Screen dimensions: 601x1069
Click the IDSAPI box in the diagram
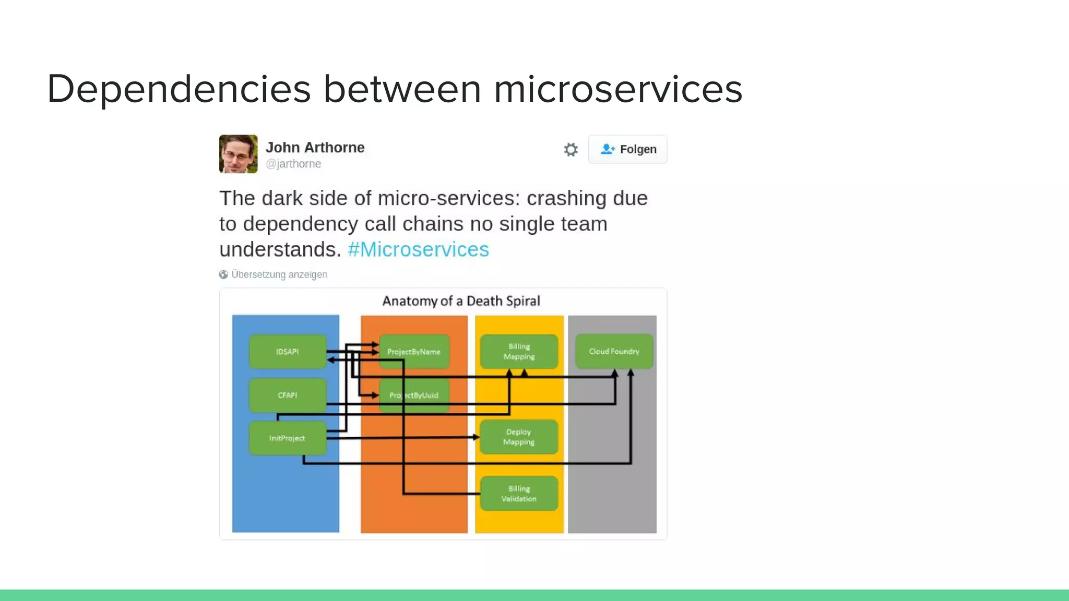[x=288, y=352]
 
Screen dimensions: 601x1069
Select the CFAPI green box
[x=288, y=395]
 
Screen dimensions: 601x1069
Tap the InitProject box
[x=287, y=438]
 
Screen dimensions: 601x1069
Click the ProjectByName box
[x=414, y=352]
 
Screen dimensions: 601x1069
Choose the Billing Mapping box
[x=519, y=352]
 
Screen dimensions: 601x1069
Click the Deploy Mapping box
[x=519, y=437]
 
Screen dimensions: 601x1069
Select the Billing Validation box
[x=519, y=494]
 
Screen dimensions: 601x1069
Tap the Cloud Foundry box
[x=614, y=351]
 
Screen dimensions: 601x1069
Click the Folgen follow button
[x=628, y=149]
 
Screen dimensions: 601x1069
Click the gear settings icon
[x=571, y=150]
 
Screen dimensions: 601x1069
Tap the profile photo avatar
[x=238, y=154]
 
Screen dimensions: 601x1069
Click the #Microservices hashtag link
[x=418, y=249]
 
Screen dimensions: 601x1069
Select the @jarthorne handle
[x=293, y=164]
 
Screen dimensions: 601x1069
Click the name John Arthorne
[x=315, y=147]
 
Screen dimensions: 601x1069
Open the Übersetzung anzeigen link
[x=279, y=274]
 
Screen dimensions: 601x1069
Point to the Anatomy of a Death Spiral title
[x=461, y=301]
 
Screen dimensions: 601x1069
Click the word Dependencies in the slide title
[x=179, y=89]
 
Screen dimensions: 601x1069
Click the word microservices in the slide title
[x=617, y=89]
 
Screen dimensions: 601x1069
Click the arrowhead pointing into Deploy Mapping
[x=476, y=437]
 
